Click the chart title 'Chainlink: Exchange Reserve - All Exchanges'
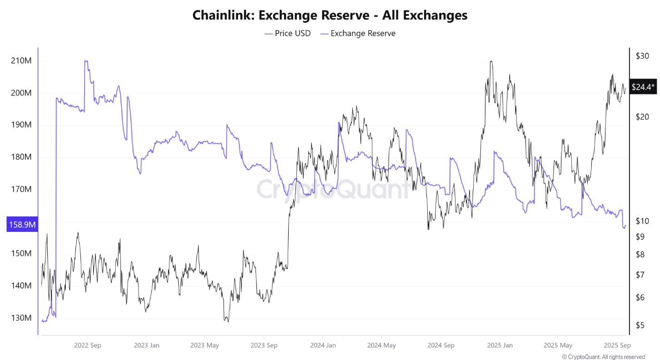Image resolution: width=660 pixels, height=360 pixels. coord(330,15)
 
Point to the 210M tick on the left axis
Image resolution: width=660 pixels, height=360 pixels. coord(21,61)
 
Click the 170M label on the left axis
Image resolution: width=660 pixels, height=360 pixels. coord(21,190)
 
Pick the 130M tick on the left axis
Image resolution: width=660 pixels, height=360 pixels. coord(21,318)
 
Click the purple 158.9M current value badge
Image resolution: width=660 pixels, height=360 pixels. coord(21,225)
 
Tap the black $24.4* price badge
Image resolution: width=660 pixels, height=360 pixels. coord(643,87)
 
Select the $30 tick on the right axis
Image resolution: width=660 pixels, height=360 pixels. coord(642,56)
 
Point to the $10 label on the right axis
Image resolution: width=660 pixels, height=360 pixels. coord(642,221)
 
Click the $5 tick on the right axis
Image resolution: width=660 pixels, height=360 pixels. coord(640,325)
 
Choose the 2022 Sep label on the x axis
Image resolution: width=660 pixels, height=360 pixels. coord(87,345)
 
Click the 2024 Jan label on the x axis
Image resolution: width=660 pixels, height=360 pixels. coord(323,345)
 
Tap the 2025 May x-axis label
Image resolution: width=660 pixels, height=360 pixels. coord(558,345)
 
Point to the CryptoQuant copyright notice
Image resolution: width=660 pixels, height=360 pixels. coord(603,357)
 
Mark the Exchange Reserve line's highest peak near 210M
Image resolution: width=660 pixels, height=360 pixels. coord(86,61)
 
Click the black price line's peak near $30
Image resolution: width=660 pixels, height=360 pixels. coord(491,61)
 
